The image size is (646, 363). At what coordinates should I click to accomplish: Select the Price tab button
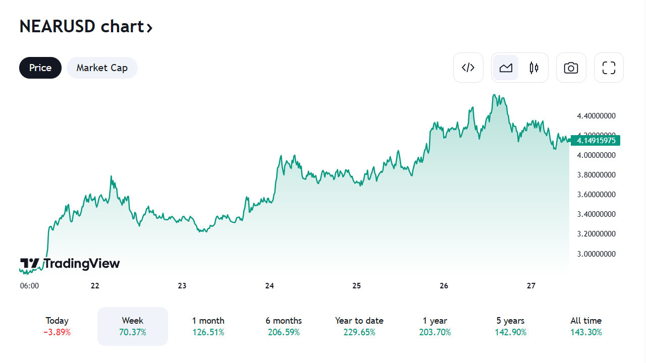pos(40,68)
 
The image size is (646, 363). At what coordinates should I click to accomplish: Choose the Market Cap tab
pos(102,68)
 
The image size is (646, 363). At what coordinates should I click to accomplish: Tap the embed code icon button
pos(468,68)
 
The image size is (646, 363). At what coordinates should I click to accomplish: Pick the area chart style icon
pos(506,68)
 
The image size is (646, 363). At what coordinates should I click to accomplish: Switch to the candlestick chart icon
pos(534,68)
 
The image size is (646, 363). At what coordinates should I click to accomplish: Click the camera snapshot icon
pos(571,68)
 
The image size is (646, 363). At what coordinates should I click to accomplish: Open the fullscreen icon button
pos(609,68)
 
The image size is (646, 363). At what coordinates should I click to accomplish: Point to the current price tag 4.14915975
pos(596,140)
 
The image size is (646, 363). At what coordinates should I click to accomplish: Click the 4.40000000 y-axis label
pos(596,116)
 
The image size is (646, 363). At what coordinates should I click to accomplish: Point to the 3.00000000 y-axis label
pos(596,254)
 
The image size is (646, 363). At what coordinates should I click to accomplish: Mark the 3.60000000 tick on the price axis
pos(596,195)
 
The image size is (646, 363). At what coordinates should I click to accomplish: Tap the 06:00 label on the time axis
pos(29,286)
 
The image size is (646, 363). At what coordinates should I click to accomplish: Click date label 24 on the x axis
pos(270,286)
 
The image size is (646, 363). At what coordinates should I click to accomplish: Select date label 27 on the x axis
pos(531,286)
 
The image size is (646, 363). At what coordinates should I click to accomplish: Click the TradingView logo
pos(70,264)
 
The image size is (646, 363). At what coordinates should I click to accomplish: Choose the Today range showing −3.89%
pos(57,326)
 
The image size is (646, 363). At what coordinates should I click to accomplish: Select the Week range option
pos(133,326)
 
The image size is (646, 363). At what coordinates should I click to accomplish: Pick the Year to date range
pos(359,326)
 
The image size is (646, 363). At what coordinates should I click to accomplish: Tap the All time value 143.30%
pos(586,332)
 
